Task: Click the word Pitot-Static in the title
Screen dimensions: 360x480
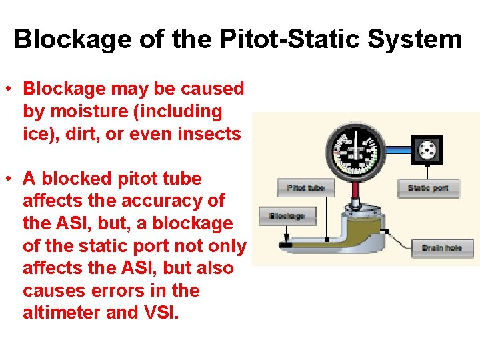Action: (x=295, y=39)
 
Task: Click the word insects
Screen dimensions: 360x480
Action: (x=209, y=134)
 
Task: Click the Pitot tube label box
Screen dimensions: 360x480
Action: (x=305, y=188)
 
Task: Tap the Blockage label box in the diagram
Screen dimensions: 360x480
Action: (x=287, y=215)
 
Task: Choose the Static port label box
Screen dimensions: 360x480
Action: (x=428, y=188)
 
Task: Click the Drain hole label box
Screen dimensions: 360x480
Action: (x=442, y=248)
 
